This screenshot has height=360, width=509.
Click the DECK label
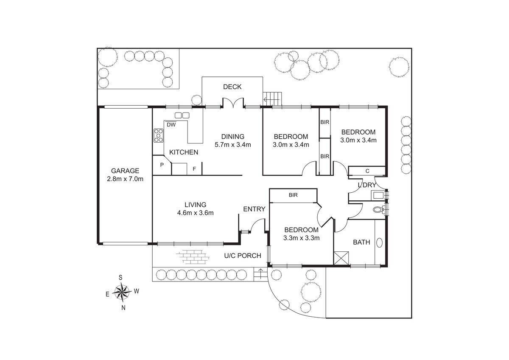[232, 87]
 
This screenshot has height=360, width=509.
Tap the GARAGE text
[125, 171]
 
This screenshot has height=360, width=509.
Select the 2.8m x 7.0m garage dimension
[125, 179]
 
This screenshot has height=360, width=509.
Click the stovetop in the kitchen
[158, 135]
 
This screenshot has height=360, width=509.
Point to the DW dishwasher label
[171, 125]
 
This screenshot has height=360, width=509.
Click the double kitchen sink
[182, 115]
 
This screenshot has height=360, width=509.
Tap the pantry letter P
[162, 165]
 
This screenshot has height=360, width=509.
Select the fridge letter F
[194, 169]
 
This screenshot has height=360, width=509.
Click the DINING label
[233, 137]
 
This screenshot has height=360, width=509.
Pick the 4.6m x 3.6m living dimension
[196, 213]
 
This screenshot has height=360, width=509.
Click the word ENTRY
[254, 209]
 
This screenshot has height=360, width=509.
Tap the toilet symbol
[379, 209]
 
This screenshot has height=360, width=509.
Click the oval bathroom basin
[380, 243]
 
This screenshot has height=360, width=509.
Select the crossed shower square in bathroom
[341, 258]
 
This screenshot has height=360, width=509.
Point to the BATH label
[361, 242]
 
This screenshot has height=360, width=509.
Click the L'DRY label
[367, 185]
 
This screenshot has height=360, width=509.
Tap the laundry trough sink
[378, 195]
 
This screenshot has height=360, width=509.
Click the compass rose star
[122, 292]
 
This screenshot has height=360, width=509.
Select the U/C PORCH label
[243, 256]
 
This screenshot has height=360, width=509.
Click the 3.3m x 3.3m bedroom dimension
[301, 238]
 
